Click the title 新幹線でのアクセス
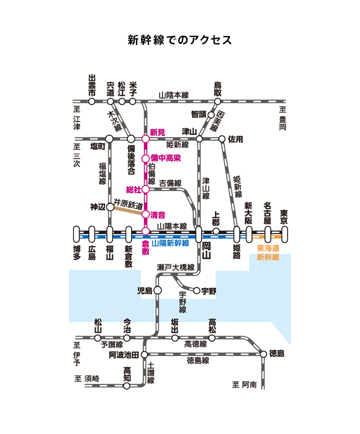click(180, 40)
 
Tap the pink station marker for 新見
click(145, 139)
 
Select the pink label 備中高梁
click(165, 158)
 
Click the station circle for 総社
click(145, 189)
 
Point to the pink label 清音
click(158, 215)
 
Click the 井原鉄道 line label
click(128, 204)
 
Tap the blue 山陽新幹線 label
click(170, 243)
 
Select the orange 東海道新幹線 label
click(268, 252)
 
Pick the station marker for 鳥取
click(217, 101)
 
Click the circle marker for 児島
click(157, 290)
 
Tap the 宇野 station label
click(208, 291)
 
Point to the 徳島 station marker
click(263, 354)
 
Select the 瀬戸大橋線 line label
click(175, 268)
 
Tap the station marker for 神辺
click(110, 207)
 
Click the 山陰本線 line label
click(173, 95)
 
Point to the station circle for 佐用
click(222, 139)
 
